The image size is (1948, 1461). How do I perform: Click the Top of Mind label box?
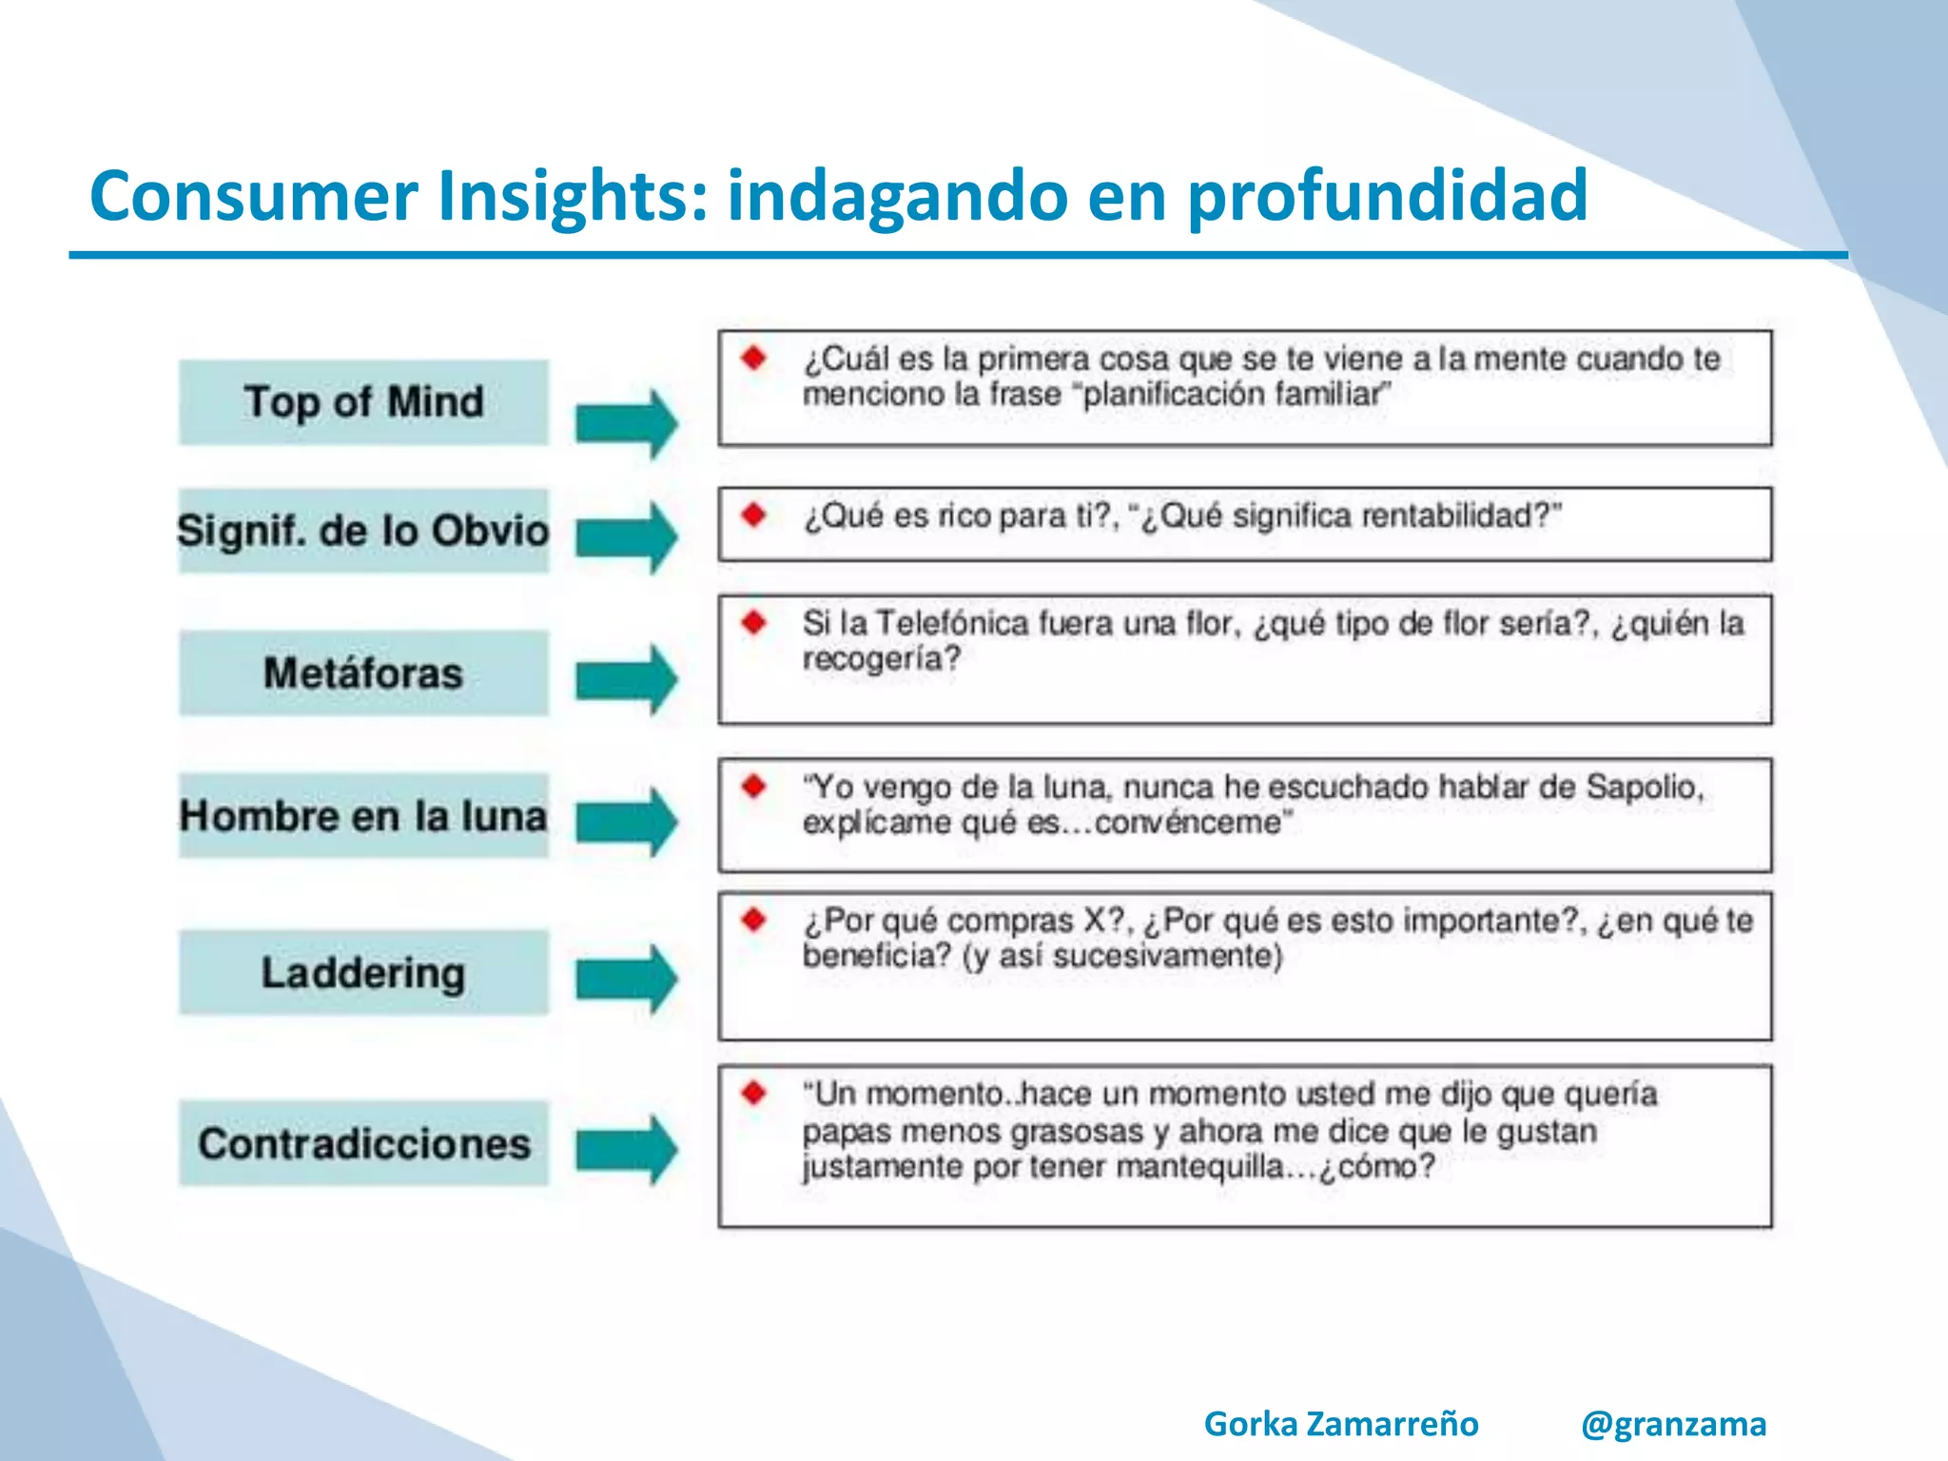tap(363, 401)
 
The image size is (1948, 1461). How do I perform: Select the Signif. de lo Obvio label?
tap(363, 531)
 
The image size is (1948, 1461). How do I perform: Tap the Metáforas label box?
tap(363, 672)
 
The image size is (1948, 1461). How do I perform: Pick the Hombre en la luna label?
tap(363, 816)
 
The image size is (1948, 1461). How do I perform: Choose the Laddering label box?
tap(363, 972)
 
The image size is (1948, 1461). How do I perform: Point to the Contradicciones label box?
tap(363, 1143)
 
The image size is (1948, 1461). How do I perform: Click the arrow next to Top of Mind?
tap(627, 423)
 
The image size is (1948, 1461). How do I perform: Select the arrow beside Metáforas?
tap(627, 678)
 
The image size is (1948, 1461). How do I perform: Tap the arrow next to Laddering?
tap(627, 978)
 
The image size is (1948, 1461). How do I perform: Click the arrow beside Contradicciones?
tap(627, 1149)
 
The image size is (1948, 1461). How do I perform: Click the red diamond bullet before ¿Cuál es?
tap(755, 359)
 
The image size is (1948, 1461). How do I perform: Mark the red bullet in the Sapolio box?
tap(755, 787)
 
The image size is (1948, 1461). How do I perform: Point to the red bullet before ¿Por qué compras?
tap(755, 920)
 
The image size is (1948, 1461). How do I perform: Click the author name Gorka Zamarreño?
tap(1341, 1423)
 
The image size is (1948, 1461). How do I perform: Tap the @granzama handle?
tap(1673, 1423)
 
